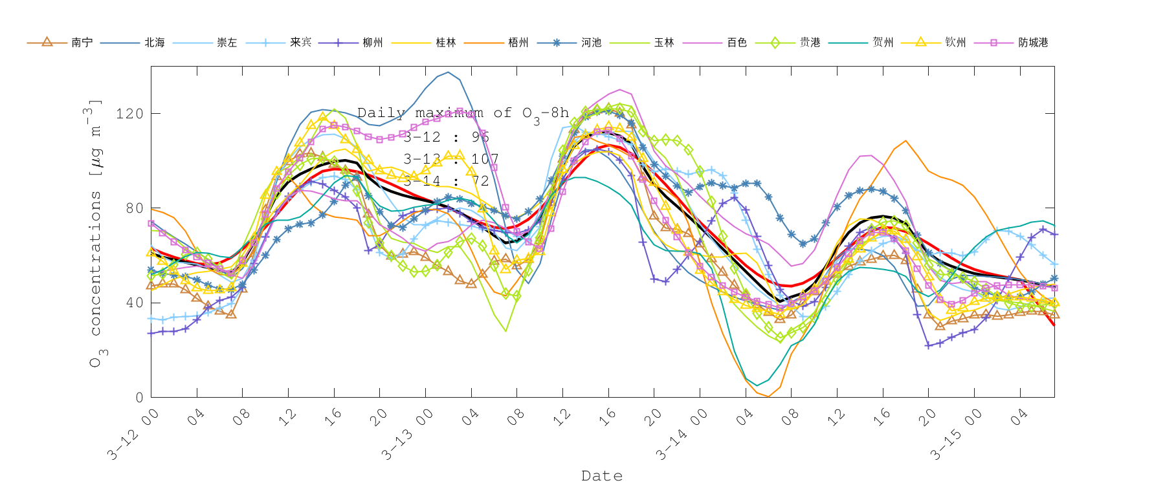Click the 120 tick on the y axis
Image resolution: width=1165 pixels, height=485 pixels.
(129, 114)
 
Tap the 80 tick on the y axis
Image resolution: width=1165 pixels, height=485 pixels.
(133, 208)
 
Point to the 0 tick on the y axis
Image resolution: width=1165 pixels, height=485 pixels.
(139, 398)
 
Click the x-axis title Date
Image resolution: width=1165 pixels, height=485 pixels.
(602, 476)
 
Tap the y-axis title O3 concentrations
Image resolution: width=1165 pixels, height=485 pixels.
(96, 233)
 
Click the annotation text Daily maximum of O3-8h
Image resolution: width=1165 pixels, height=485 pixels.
(463, 114)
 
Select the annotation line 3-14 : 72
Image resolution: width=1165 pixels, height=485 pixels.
(446, 181)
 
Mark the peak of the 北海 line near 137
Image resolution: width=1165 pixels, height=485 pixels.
(448, 72)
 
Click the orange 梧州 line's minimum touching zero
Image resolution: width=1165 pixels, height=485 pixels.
(768, 396)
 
